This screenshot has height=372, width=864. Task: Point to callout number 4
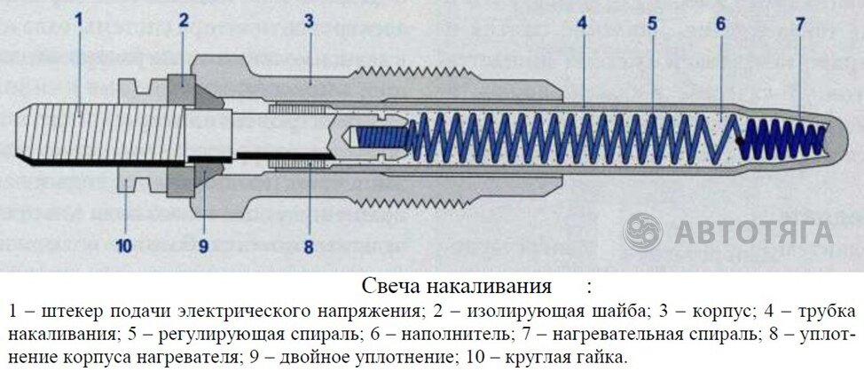tap(581, 25)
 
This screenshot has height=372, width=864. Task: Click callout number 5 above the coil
tap(652, 25)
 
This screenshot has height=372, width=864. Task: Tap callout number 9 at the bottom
tap(203, 246)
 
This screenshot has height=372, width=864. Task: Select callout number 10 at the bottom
tap(124, 246)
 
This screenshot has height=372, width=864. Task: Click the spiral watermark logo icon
tap(643, 231)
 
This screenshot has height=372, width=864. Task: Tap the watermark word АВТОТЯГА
tap(754, 232)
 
